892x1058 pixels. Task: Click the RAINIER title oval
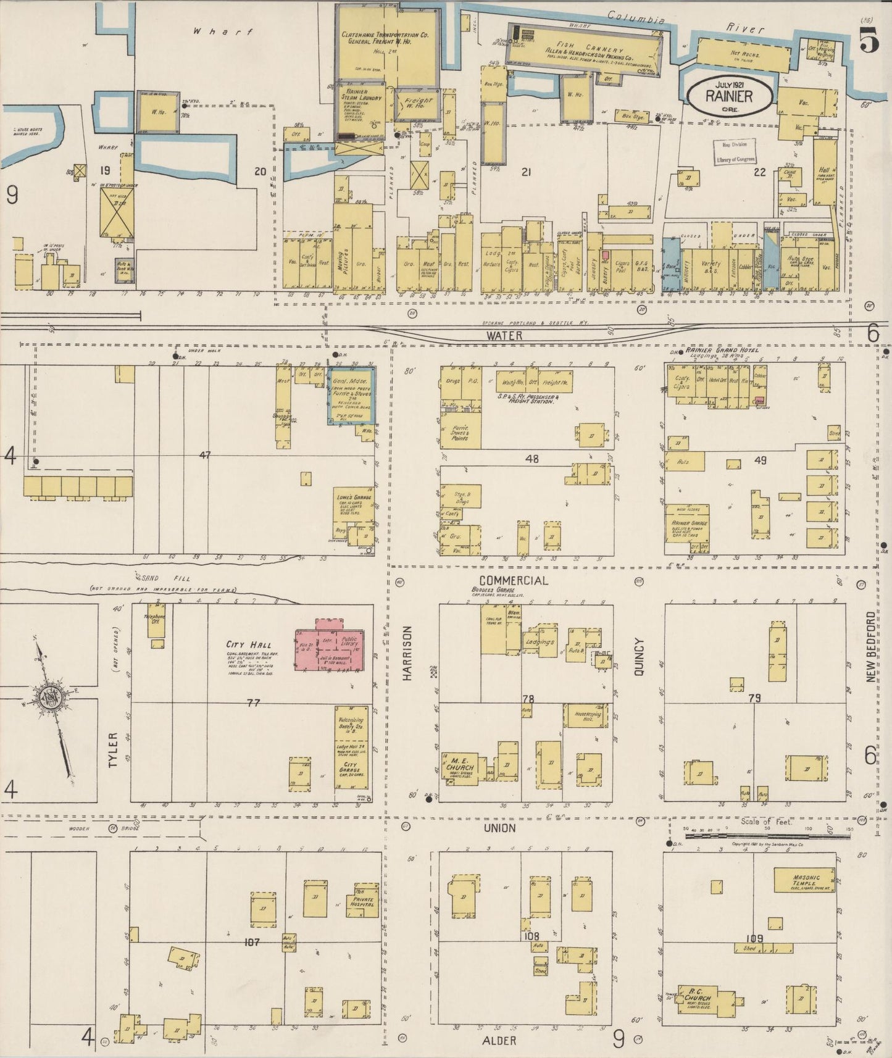click(729, 96)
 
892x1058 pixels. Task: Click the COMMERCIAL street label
click(513, 580)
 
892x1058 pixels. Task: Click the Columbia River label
click(685, 25)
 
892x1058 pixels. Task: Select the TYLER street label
click(112, 750)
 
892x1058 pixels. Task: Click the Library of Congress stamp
click(734, 152)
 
